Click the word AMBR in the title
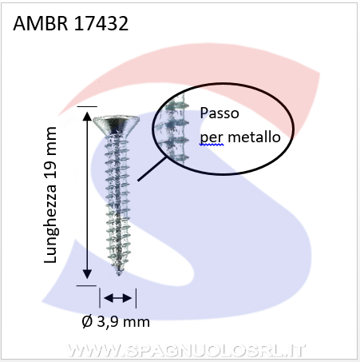(x=41, y=23)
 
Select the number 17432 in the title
(x=101, y=23)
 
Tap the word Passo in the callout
(x=220, y=113)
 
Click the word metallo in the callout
(x=255, y=137)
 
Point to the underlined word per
(x=212, y=138)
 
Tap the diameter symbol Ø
(x=87, y=322)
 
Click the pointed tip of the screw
(x=119, y=273)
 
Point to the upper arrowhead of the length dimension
(x=87, y=117)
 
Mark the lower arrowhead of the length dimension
(x=87, y=274)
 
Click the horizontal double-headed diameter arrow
(x=118, y=298)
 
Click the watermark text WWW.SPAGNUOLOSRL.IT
(x=185, y=351)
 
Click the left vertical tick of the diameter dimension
(x=100, y=297)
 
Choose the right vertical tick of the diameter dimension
(x=136, y=298)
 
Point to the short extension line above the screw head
(x=87, y=106)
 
